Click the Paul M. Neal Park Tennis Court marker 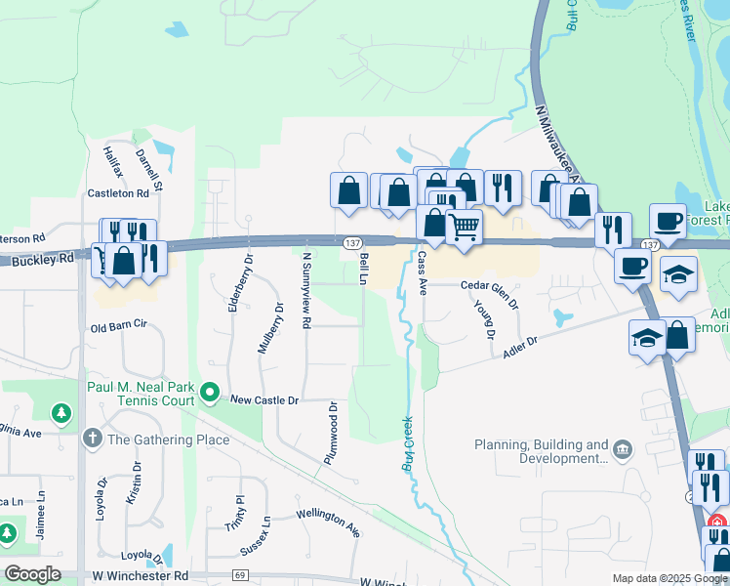[x=209, y=394]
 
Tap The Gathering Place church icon [x=93, y=439]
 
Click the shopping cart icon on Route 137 [x=463, y=228]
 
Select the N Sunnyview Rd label [x=305, y=289]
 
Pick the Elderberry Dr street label [x=234, y=284]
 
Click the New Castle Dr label [x=264, y=399]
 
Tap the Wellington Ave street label [x=328, y=521]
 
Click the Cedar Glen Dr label [x=490, y=285]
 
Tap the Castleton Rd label [x=118, y=193]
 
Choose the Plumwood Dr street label [x=332, y=433]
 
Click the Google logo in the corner [x=32, y=574]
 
